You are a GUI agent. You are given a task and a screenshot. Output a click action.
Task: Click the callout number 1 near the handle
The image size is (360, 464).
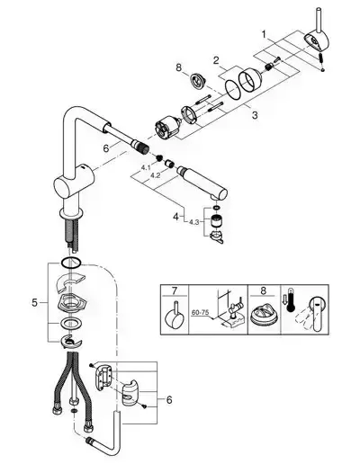point(264,35)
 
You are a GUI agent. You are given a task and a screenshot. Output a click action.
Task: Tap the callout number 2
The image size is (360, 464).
point(216,60)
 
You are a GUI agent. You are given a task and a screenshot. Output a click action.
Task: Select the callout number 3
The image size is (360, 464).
point(255,115)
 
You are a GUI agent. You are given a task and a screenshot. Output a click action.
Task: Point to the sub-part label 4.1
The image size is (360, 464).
point(146,167)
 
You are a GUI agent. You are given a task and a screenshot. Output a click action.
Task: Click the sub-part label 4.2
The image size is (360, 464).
point(155,175)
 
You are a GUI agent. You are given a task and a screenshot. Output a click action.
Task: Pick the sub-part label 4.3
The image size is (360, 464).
point(193,222)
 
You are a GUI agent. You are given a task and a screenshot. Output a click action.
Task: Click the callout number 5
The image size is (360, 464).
point(35,303)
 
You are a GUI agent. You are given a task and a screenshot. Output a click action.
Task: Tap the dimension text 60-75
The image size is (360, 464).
point(200,312)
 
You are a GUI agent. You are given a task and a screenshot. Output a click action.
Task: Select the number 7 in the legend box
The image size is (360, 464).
point(175,290)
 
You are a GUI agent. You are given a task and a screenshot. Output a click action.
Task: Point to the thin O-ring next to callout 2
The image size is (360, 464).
point(233,89)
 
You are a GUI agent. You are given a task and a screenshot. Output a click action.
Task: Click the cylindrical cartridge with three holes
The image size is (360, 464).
point(166,128)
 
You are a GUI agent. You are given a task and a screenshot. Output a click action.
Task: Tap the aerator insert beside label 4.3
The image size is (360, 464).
point(214,221)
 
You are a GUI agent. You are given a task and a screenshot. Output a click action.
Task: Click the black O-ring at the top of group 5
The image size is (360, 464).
point(71,263)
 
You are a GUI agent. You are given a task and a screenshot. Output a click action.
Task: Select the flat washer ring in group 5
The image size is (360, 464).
point(69,324)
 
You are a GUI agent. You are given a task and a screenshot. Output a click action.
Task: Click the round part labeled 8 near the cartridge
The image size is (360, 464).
point(197,81)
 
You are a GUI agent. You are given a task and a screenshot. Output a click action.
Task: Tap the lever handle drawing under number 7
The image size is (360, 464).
point(175,317)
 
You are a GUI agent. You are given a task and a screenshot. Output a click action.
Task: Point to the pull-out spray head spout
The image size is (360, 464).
point(203,182)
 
